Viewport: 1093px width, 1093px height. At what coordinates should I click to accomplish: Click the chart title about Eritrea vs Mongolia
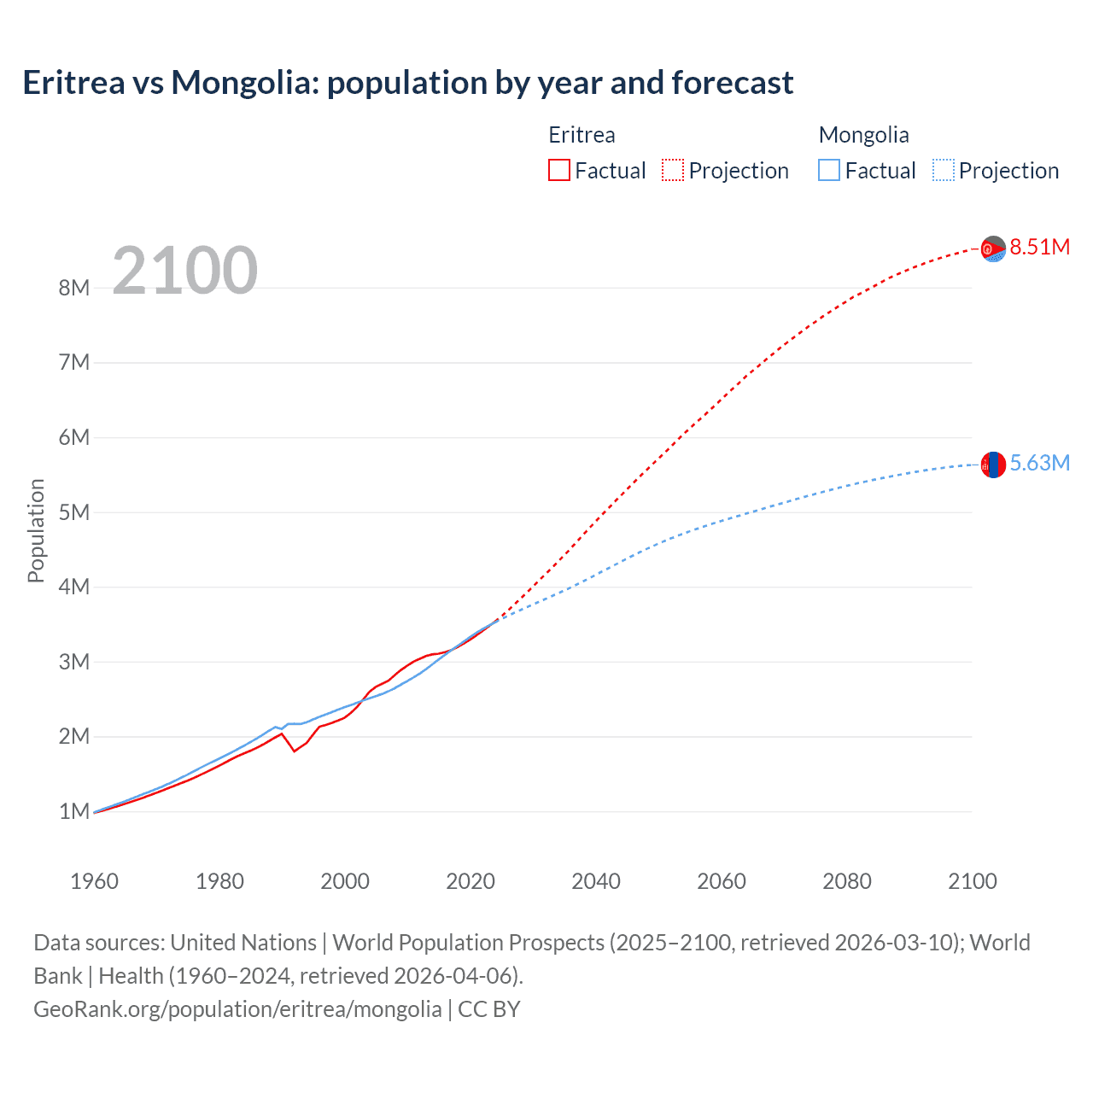pos(408,83)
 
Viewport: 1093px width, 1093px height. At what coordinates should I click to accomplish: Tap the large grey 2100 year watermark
pos(184,271)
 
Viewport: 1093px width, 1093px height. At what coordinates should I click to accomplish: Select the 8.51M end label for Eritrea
pos(1039,248)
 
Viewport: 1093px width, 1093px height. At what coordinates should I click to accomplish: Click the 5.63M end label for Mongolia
pos(1039,464)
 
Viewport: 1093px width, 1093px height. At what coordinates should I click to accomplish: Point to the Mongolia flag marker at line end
pos(993,465)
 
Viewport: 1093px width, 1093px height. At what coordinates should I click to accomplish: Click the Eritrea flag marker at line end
pos(993,248)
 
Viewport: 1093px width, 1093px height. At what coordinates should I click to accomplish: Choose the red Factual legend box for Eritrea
pos(559,171)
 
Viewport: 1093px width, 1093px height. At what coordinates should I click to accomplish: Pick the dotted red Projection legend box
pos(673,171)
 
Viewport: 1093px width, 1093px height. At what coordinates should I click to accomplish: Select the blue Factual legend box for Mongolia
pos(829,171)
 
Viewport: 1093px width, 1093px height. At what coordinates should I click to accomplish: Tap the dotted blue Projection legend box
pos(944,171)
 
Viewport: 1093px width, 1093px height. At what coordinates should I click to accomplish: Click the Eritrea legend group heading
pos(582,135)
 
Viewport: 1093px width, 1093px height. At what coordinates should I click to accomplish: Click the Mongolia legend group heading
pos(863,135)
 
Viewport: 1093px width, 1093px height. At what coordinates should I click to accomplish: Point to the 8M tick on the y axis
pos(74,288)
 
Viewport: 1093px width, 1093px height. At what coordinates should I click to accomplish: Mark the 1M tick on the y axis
pos(74,811)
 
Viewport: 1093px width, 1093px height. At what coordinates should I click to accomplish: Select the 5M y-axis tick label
pos(74,512)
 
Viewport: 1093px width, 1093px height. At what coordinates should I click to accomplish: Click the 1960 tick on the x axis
pos(94,881)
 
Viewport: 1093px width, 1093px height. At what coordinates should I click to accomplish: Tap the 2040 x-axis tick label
pos(596,881)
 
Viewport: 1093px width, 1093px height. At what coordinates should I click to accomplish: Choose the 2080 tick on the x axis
pos(847,881)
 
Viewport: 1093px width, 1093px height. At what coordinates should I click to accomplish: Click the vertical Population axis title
pos(36,530)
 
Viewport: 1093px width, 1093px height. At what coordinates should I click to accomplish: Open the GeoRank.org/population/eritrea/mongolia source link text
pos(237,1009)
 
